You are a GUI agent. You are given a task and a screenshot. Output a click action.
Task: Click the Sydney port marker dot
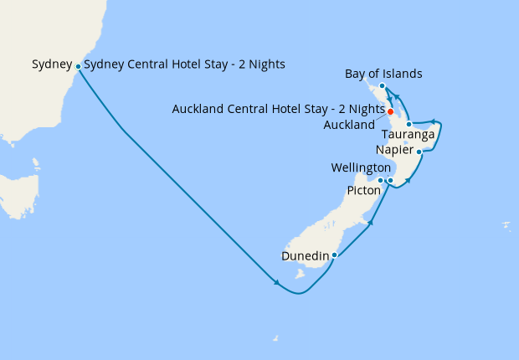click(78, 66)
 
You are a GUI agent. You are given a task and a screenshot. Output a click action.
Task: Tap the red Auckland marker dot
click(391, 111)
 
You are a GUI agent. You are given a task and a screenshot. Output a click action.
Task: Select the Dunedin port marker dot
click(334, 255)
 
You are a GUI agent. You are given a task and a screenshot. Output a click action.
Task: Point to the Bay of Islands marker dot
click(382, 86)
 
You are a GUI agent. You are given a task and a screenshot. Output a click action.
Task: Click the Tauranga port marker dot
click(409, 124)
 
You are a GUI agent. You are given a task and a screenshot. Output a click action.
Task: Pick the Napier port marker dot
click(419, 152)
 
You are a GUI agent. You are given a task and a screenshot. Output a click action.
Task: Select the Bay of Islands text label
click(383, 75)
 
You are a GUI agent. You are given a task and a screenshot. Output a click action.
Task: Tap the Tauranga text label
click(407, 135)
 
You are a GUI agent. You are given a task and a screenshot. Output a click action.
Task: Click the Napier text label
click(395, 151)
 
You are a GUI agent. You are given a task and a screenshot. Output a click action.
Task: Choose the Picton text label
click(364, 191)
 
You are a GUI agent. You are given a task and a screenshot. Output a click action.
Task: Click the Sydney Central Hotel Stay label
click(185, 64)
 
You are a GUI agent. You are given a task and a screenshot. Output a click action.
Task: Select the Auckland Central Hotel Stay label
click(278, 109)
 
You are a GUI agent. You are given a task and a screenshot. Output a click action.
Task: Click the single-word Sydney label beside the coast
click(52, 64)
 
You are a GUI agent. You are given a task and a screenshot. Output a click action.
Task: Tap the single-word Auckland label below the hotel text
click(349, 126)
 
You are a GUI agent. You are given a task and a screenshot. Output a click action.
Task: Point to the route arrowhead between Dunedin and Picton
click(369, 222)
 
